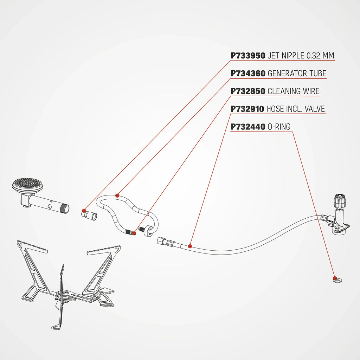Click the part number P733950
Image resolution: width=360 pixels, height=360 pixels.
pyautogui.click(x=248, y=56)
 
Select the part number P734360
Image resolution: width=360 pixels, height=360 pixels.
pyautogui.click(x=248, y=73)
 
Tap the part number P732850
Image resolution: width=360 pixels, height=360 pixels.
pyautogui.click(x=248, y=91)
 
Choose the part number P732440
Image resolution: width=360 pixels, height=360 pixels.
pyautogui.click(x=248, y=127)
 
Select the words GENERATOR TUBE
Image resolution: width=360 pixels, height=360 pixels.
pyautogui.click(x=297, y=73)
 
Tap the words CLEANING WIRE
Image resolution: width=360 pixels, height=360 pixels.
pyautogui.click(x=294, y=91)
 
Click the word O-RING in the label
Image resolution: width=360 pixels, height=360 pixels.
pyautogui.click(x=279, y=127)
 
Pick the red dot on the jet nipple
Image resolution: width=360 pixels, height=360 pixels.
pyautogui.click(x=84, y=211)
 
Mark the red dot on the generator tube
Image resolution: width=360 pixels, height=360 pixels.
pyautogui.click(x=117, y=195)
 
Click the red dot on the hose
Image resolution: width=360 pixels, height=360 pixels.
pyautogui.click(x=190, y=246)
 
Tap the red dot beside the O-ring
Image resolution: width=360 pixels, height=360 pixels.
pyautogui.click(x=334, y=277)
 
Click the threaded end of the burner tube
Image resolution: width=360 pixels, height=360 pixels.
pyautogui.click(x=65, y=208)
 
